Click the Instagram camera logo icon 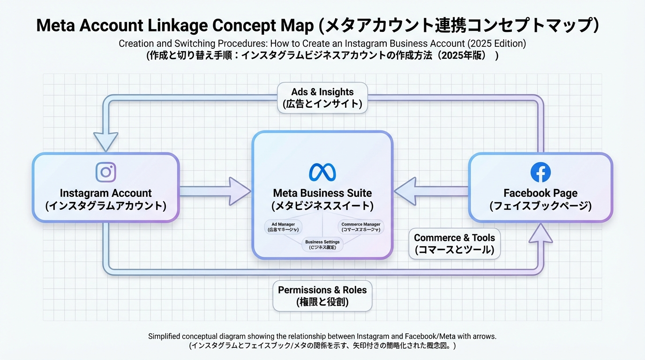tap(105, 172)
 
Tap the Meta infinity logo tap(322, 172)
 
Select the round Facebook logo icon tap(540, 172)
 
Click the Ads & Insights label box tap(322, 98)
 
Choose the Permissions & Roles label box tap(322, 296)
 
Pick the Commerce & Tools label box tap(454, 244)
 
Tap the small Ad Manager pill tap(283, 227)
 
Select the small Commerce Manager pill tap(361, 227)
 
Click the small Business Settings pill tap(322, 244)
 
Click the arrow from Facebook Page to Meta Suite tap(430, 191)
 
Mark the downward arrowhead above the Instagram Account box tap(105, 140)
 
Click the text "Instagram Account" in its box tap(105, 193)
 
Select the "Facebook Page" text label tap(540, 193)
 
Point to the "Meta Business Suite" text tap(322, 193)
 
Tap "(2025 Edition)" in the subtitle tap(496, 44)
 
